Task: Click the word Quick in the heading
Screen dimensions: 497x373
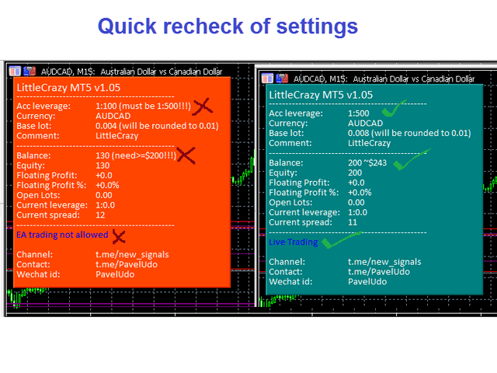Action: [127, 26]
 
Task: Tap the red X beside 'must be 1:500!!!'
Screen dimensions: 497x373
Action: [203, 106]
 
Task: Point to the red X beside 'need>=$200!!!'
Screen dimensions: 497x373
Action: [186, 155]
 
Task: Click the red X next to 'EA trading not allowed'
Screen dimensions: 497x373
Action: [119, 236]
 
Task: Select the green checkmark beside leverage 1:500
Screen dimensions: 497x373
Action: [393, 109]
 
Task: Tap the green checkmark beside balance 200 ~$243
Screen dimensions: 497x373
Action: [411, 159]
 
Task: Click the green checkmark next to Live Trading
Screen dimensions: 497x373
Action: [341, 240]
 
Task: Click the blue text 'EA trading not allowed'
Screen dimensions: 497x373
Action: [62, 235]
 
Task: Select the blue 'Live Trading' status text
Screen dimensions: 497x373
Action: [294, 242]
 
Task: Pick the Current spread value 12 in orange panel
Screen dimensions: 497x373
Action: [100, 215]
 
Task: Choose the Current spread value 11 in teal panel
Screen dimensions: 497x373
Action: [353, 222]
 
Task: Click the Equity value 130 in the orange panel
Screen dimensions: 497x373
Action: [103, 166]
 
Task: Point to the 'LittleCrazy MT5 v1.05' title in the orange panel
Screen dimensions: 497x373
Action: [68, 88]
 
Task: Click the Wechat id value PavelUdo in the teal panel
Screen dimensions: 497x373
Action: [367, 281]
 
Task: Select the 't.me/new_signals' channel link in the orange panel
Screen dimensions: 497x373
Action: [132, 255]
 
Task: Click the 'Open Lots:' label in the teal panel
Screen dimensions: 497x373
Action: [290, 202]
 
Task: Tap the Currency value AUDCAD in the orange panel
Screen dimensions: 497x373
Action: [113, 116]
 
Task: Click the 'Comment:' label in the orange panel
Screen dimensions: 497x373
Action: [38, 136]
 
